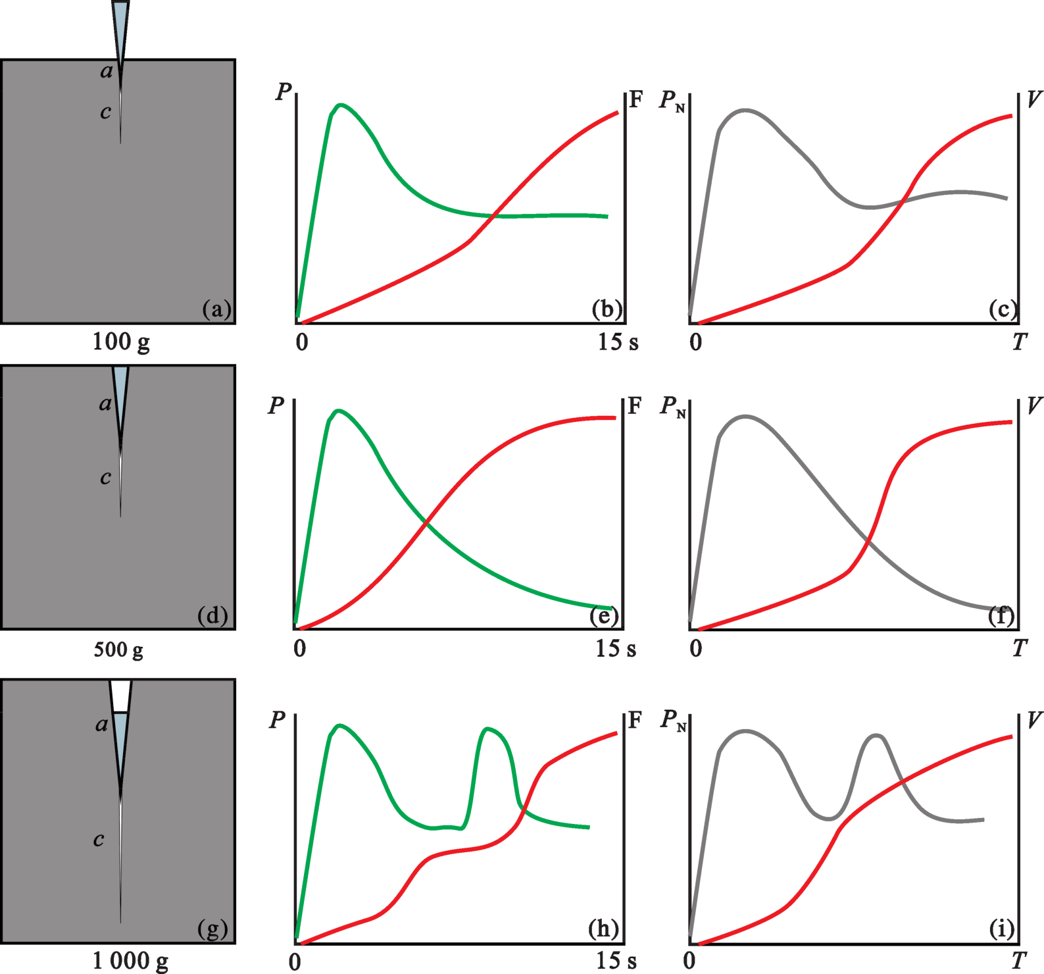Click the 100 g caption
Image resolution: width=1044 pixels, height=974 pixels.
click(121, 342)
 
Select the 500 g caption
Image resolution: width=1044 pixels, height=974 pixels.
click(118, 650)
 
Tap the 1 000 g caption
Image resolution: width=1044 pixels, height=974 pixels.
click(130, 961)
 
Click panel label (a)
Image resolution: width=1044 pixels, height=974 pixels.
click(217, 309)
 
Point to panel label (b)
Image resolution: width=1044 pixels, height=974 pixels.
click(607, 309)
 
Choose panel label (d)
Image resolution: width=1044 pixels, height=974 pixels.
click(212, 616)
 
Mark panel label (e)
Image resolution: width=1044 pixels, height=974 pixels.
click(604, 616)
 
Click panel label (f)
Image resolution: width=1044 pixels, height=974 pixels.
click(1001, 616)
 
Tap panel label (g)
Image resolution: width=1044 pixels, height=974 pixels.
click(212, 929)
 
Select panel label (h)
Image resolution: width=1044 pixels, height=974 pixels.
click(603, 929)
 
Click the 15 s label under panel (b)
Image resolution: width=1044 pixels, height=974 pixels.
click(618, 342)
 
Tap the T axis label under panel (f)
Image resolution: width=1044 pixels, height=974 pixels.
click(1019, 649)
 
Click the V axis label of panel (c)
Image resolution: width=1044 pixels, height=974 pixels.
click(1033, 99)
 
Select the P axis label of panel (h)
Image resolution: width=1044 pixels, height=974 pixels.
click(277, 719)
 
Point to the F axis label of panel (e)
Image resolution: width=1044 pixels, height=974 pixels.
click(634, 406)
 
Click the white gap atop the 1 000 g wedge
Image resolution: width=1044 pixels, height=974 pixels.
click(120, 696)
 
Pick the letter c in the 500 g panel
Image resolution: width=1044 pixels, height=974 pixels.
click(105, 478)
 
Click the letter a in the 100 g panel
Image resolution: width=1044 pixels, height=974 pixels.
click(107, 72)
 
